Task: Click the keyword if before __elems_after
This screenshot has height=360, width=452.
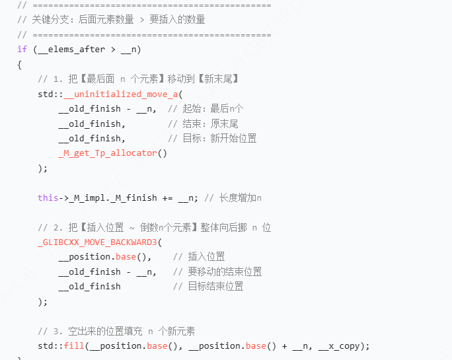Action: [x=22, y=50]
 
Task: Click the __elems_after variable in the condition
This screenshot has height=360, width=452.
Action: [x=68, y=50]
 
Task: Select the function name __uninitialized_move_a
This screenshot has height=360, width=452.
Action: [x=121, y=94]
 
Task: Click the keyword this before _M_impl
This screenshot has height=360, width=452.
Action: [x=48, y=198]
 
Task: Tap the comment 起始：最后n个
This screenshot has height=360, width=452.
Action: [x=206, y=108]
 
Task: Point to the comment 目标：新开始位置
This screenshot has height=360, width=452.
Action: [x=212, y=138]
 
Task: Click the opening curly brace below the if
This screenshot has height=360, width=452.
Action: [x=20, y=64]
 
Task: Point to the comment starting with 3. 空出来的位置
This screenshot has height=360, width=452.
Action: [x=116, y=331]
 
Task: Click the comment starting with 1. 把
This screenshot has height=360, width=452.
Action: [x=138, y=79]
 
